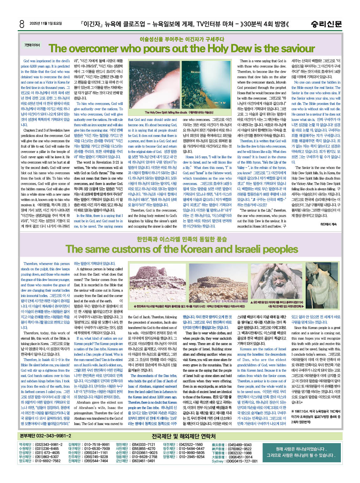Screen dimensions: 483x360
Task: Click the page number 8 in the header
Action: (22, 24)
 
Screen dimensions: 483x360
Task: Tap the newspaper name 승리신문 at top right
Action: (326, 24)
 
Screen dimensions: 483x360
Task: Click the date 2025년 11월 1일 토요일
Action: (46, 24)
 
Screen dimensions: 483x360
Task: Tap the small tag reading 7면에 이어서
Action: (32, 45)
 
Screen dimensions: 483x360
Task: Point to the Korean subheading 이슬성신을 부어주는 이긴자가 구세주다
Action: (182, 39)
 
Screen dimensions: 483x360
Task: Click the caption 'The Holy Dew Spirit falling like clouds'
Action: (179, 112)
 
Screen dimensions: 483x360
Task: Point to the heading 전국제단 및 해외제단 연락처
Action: (183, 436)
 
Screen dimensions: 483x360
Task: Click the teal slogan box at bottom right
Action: (301, 452)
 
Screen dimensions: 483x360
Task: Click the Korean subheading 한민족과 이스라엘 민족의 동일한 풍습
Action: (182, 239)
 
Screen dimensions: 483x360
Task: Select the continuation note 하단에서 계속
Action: (328, 224)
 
